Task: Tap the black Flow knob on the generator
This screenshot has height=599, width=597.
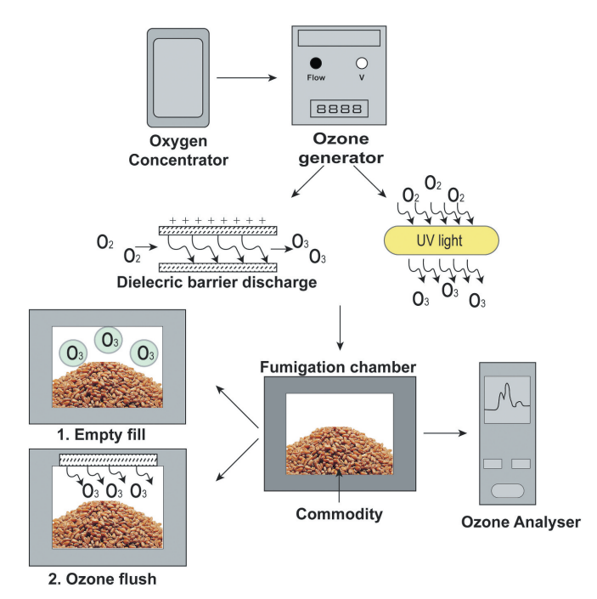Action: coord(316,63)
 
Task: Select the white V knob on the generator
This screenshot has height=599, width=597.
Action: coord(362,63)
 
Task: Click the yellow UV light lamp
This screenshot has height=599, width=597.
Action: coord(439,240)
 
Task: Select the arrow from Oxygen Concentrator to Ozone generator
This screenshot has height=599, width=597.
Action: coord(248,79)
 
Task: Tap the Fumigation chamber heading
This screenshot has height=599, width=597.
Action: coord(339,368)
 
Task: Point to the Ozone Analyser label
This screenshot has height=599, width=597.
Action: coord(520,523)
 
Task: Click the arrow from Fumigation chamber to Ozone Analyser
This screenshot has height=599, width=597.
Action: coord(447,433)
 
